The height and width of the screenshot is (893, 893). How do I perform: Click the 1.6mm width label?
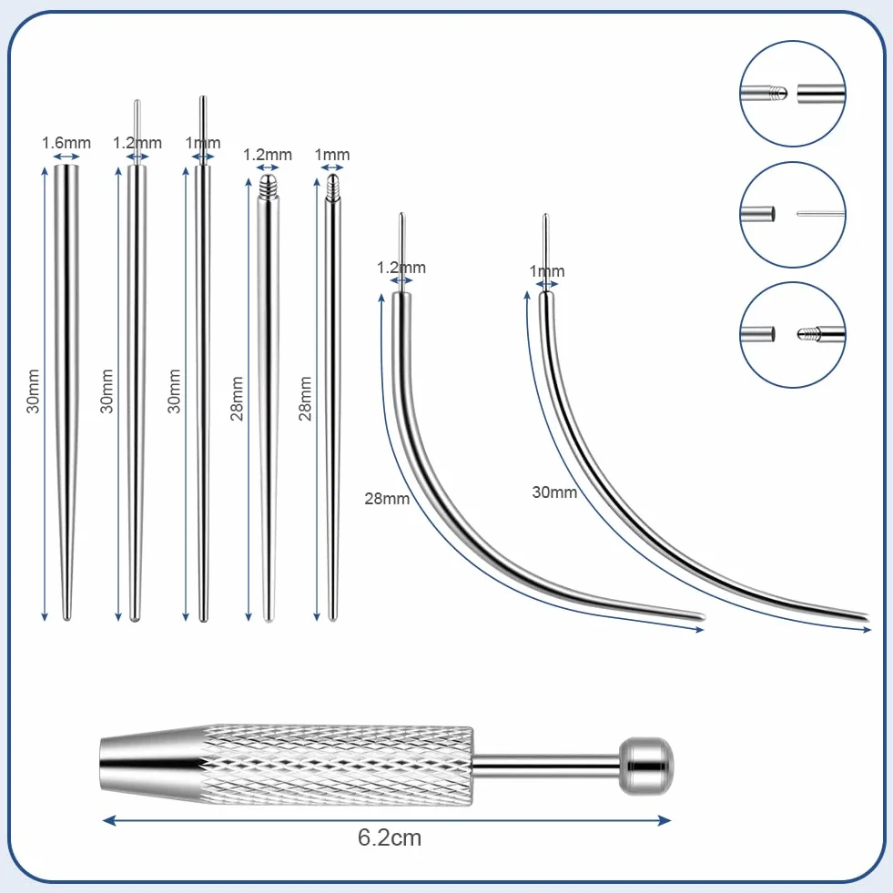tap(66, 142)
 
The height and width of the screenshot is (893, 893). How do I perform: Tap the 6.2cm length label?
tap(390, 837)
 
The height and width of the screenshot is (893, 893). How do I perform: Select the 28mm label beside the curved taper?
tap(387, 498)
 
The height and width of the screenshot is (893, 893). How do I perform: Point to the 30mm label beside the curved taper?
tap(554, 492)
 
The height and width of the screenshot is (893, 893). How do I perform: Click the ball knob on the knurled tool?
tap(645, 766)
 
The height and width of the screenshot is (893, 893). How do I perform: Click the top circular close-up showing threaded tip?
tap(792, 94)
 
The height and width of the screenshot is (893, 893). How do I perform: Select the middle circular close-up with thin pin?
tap(792, 215)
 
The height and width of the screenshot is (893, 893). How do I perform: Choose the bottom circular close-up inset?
tap(792, 335)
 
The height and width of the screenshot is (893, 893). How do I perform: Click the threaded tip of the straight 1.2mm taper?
tap(268, 186)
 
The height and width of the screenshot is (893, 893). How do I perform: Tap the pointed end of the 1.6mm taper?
tap(66, 617)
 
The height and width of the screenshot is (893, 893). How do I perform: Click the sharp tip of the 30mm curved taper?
tap(866, 618)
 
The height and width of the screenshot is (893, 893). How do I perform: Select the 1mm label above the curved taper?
tap(547, 271)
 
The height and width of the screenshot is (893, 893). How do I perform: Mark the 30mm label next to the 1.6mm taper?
tap(34, 391)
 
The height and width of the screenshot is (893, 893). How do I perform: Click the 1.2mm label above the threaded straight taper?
tap(267, 155)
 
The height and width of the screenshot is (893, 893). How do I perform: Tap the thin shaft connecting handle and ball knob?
tap(545, 766)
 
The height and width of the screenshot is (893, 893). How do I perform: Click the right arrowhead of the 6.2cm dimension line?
tap(665, 821)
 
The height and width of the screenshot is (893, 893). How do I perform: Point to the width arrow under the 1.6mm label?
tap(66, 157)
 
